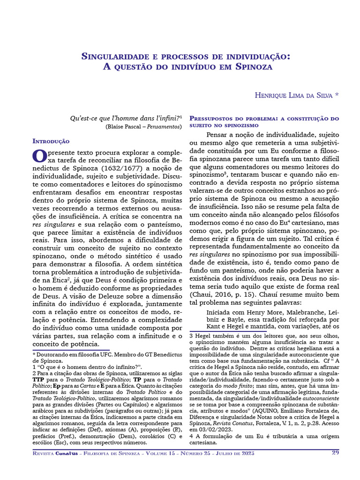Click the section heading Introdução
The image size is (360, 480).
click(x=51, y=141)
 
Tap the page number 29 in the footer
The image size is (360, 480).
click(x=335, y=452)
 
